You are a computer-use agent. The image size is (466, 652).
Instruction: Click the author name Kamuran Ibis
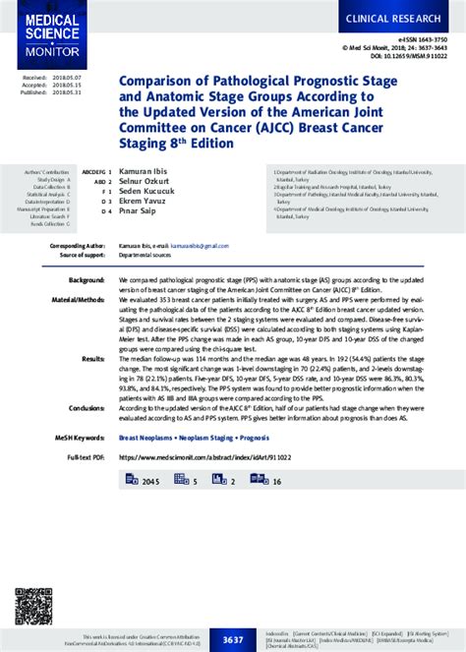(x=146, y=171)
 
